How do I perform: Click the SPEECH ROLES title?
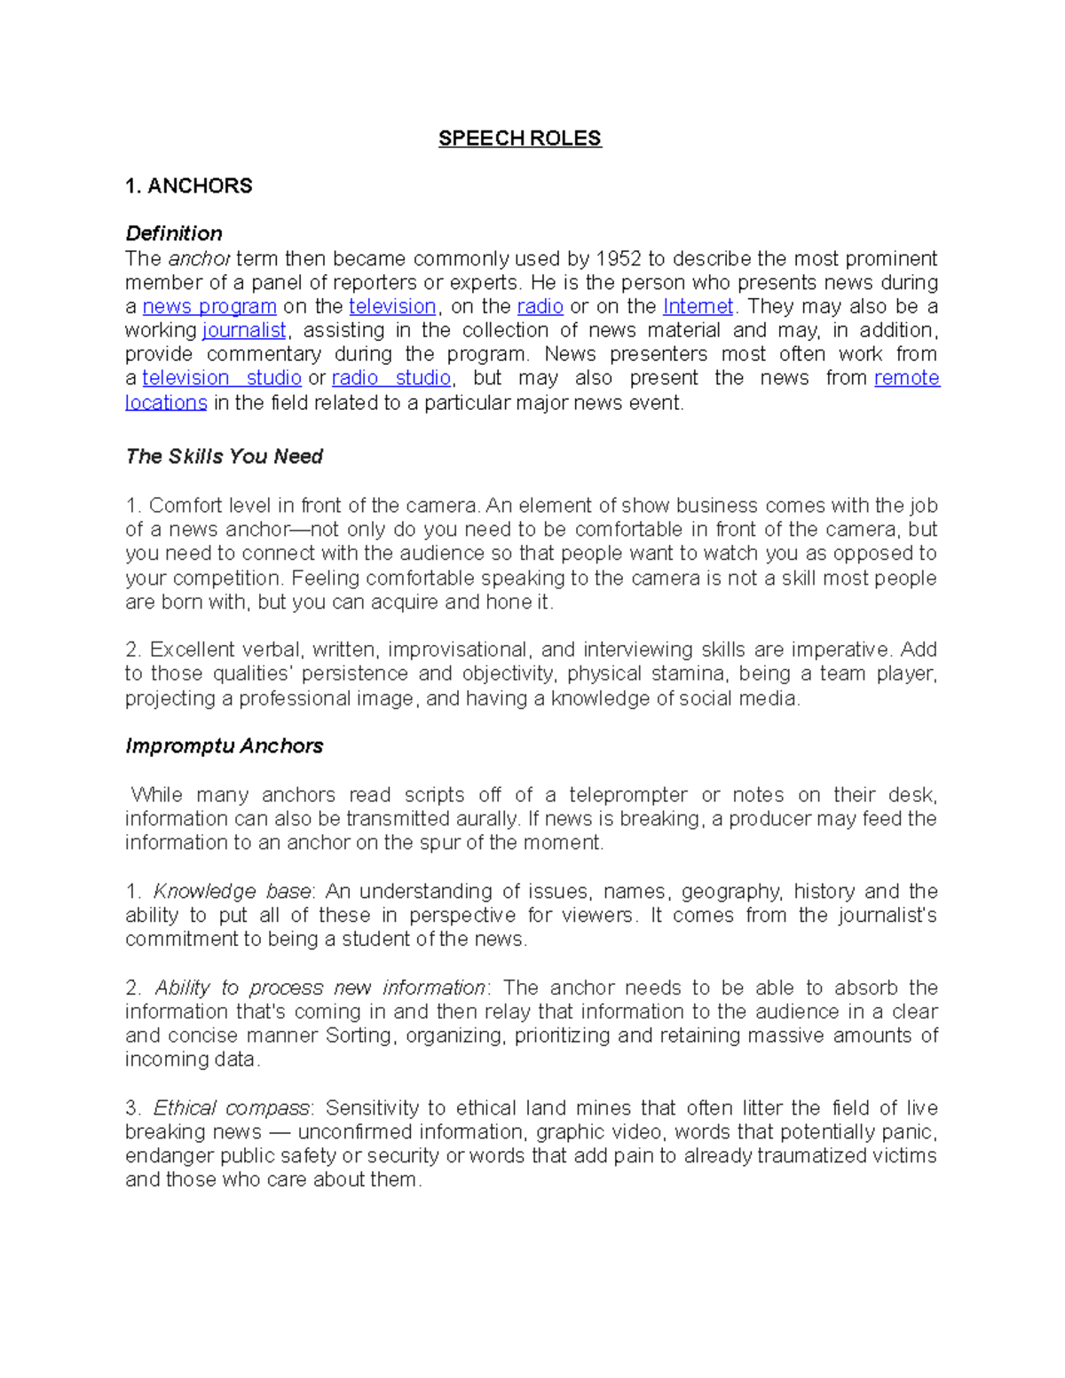[519, 138]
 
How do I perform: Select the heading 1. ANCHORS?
[188, 186]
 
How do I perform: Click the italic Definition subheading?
[174, 233]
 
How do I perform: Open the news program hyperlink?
[209, 307]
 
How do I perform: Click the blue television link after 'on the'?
[392, 307]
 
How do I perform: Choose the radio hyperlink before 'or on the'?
[540, 307]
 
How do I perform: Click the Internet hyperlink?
[698, 307]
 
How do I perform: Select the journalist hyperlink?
[244, 331]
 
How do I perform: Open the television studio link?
[222, 378]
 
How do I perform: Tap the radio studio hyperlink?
[391, 378]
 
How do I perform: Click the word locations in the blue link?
[166, 403]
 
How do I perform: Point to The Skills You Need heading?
[224, 457]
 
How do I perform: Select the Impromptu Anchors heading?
[224, 746]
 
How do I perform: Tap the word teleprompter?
[628, 795]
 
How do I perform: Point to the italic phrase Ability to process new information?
[320, 988]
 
